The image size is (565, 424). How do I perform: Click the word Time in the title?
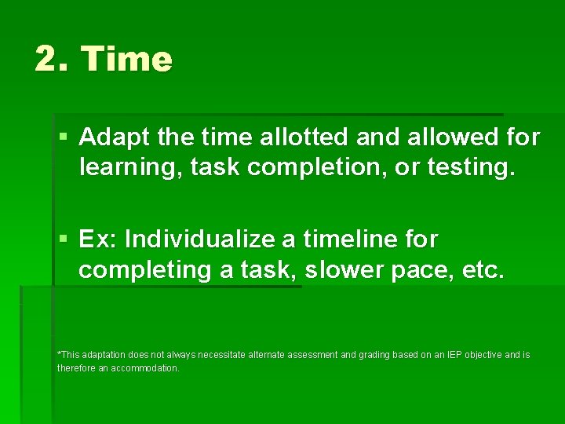coord(126,60)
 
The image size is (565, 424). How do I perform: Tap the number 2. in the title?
coord(53,60)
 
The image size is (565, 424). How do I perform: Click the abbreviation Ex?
coord(98,238)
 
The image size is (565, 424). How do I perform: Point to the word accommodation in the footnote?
coord(144,368)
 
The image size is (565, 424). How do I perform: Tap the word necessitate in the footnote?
coord(221,356)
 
